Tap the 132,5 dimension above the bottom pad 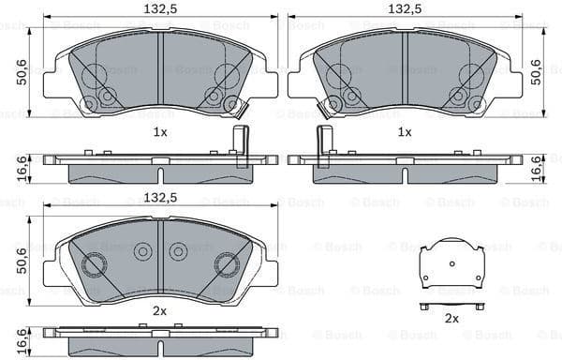tap(161, 197)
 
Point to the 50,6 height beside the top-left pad tap(20, 71)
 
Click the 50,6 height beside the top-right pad tap(537, 71)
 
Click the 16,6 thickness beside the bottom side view tap(20, 338)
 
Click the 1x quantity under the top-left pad tap(160, 132)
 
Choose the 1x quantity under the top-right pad tap(404, 132)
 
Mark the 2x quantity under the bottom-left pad tap(160, 310)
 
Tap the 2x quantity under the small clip tap(451, 320)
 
